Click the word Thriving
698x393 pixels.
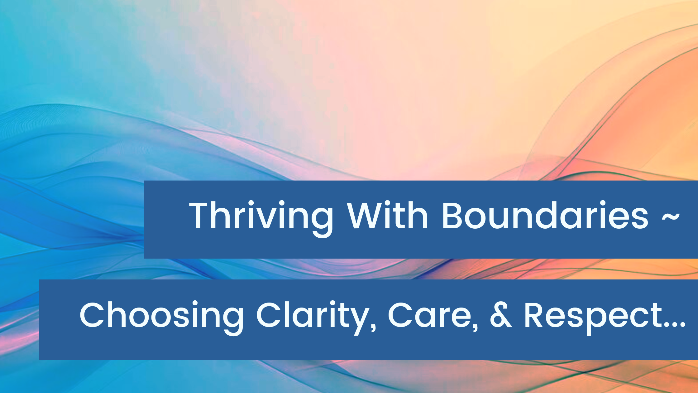click(261, 218)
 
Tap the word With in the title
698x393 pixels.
click(388, 215)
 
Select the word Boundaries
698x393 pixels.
click(545, 215)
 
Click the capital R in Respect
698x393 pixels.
click(535, 315)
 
